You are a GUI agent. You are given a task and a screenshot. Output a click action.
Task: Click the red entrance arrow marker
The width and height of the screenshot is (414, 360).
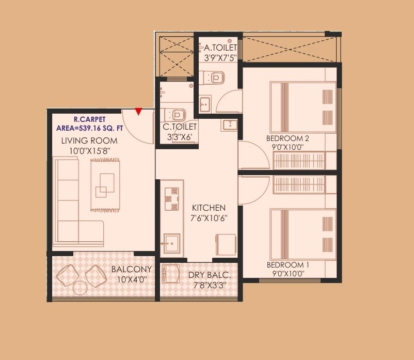pyautogui.click(x=138, y=111)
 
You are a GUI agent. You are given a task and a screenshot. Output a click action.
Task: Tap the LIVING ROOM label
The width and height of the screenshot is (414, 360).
pyautogui.click(x=89, y=140)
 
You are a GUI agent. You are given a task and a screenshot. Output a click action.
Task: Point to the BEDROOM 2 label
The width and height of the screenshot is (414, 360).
pyautogui.click(x=288, y=138)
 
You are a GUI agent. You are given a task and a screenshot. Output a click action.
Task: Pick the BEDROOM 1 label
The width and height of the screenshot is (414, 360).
pyautogui.click(x=288, y=265)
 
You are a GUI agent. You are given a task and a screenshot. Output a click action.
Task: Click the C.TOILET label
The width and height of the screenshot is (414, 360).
pyautogui.click(x=180, y=127)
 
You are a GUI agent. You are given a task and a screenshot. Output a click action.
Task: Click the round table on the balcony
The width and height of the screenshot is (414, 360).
pyautogui.click(x=80, y=287)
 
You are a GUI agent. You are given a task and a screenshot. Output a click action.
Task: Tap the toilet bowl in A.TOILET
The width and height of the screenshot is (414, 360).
pyautogui.click(x=216, y=78)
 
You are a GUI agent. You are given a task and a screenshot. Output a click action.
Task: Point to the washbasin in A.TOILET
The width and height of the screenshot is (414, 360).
pyautogui.click(x=205, y=103)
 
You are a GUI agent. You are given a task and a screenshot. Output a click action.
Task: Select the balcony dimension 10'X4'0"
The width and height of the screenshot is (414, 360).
pyautogui.click(x=133, y=279)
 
